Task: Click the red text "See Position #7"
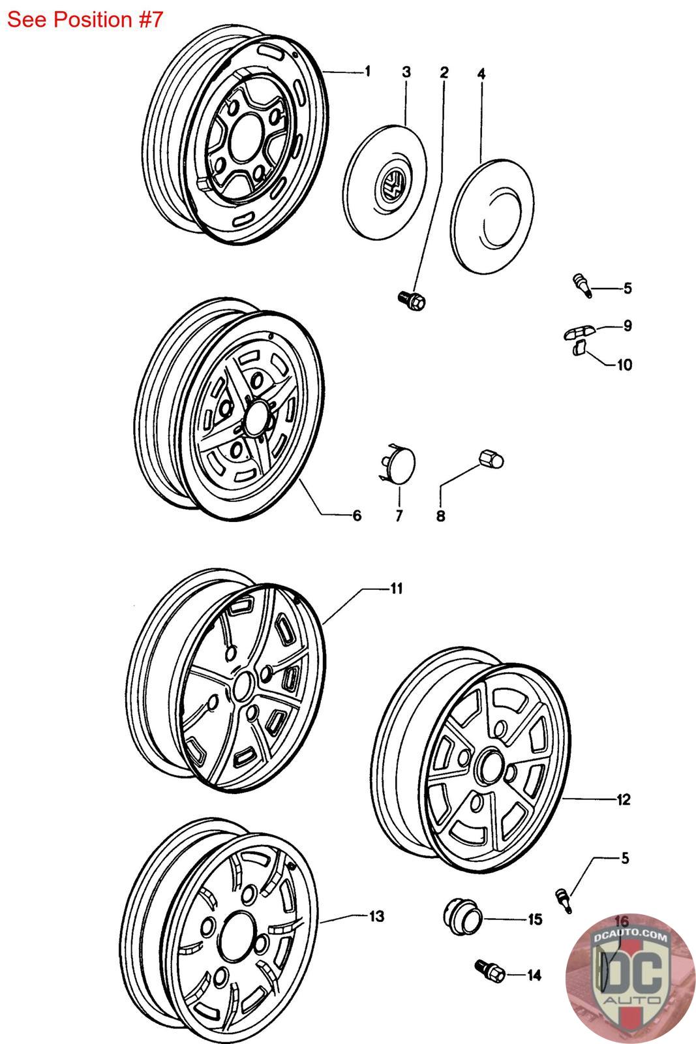85,20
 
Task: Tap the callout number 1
367,71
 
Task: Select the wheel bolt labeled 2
412,301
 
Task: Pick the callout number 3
406,72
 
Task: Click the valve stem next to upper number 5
582,285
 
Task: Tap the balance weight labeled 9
579,333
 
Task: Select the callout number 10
624,365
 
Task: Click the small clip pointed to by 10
579,348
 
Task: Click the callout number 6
357,515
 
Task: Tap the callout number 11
396,589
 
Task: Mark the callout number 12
624,800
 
